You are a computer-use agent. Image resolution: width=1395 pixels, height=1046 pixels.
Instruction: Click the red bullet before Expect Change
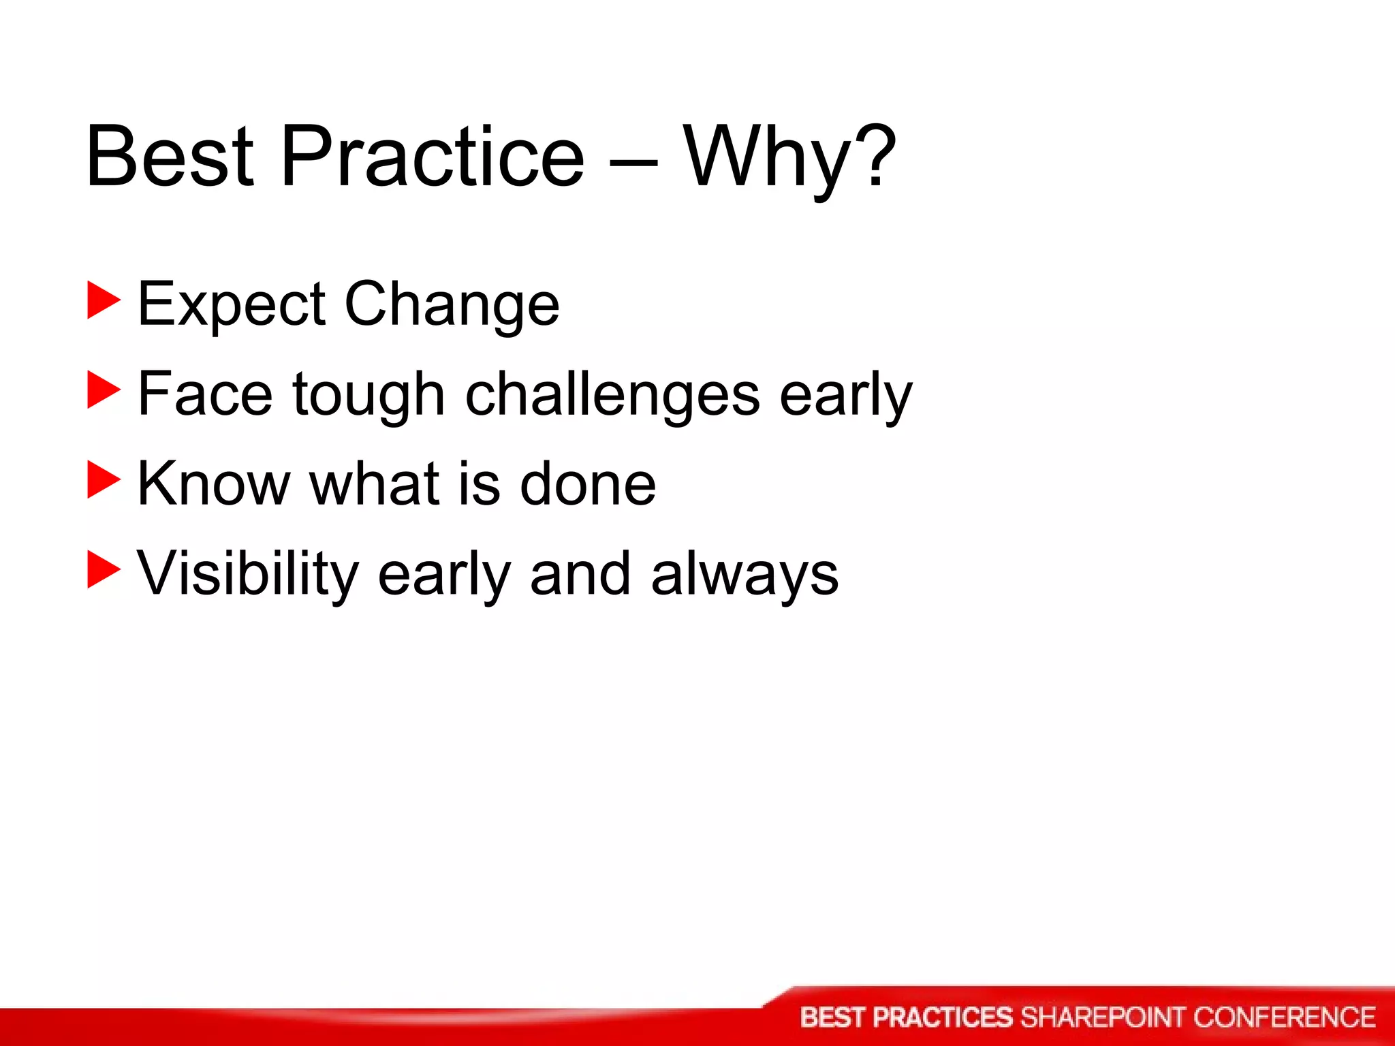point(104,302)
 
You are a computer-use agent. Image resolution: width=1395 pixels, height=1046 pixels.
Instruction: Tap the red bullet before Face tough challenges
point(104,392)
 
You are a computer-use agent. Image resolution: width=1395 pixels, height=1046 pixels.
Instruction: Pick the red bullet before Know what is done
point(104,481)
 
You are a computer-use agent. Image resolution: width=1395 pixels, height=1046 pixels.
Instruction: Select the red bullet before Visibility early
point(104,571)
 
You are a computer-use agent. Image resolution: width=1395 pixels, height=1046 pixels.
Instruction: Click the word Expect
point(232,304)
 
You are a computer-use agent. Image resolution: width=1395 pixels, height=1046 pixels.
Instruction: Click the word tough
point(369,395)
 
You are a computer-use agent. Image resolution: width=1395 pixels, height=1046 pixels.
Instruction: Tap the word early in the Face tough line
point(845,395)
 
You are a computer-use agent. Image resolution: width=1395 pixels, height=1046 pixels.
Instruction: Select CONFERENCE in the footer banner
point(1284,1017)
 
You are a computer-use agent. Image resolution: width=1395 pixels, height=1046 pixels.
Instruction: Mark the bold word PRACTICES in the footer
point(943,1017)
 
